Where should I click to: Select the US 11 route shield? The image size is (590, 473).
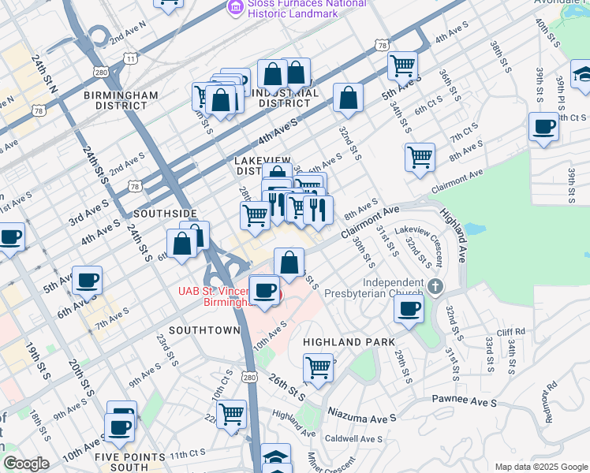132,58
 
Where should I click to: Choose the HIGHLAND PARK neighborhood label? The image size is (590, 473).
342,342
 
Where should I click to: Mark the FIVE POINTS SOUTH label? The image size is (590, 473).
130,462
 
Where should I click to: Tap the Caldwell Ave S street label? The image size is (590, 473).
353,439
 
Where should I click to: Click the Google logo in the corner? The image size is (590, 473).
25,464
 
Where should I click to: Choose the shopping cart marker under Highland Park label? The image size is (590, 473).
319,367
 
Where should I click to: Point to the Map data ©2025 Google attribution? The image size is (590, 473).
540,467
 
